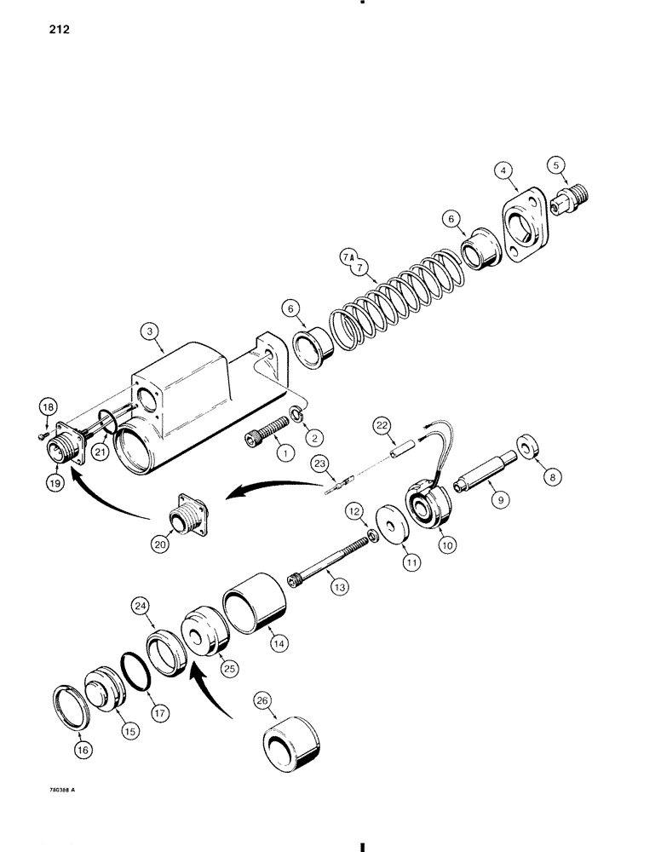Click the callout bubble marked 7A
click(347, 252)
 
